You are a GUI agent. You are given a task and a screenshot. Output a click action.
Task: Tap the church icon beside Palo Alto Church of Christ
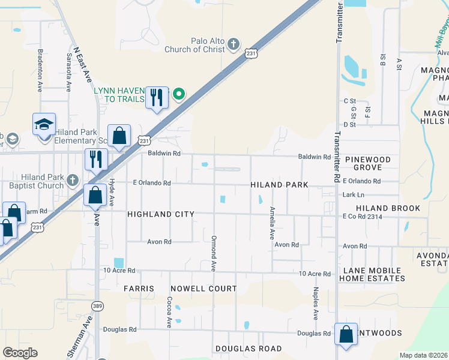(234, 44)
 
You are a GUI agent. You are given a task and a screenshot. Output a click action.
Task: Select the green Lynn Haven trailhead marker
(178, 94)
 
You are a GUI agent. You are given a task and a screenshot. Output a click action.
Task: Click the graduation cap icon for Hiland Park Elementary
(44, 125)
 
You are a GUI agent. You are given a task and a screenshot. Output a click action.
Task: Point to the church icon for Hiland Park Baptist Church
(71, 180)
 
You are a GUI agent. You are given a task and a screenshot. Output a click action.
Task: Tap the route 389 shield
(97, 306)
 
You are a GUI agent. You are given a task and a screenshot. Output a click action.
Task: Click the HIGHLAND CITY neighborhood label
(160, 214)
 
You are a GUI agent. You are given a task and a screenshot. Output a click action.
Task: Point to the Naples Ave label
(315, 303)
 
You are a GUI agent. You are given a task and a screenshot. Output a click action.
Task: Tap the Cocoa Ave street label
(170, 311)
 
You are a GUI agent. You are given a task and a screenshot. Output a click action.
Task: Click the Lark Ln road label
(352, 195)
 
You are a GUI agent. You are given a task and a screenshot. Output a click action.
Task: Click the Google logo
(20, 353)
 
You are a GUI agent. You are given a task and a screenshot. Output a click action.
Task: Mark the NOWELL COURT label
(203, 289)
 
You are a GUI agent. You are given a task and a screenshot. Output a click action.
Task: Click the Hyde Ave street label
(112, 193)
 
